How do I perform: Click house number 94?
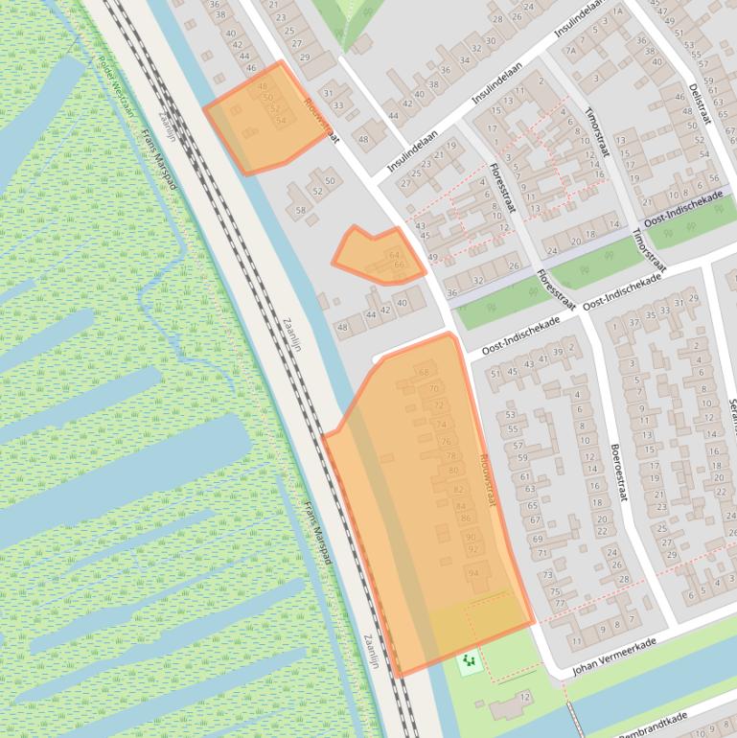[x=473, y=572]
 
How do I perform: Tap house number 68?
[x=425, y=372]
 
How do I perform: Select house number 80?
[x=453, y=471]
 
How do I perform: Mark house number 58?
[x=300, y=210]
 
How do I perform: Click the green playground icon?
[x=469, y=660]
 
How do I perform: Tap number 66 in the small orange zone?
[x=399, y=265]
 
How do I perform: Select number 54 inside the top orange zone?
[x=280, y=122]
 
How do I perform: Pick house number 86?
[x=465, y=518]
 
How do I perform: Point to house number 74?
[x=441, y=424]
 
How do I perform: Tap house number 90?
[x=470, y=537]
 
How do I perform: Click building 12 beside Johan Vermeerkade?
[x=524, y=697]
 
